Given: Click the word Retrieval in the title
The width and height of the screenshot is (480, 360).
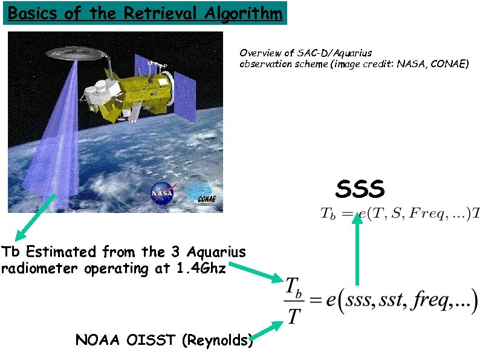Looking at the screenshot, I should [x=154, y=13].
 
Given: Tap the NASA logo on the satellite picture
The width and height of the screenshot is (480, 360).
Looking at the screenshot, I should [x=162, y=193].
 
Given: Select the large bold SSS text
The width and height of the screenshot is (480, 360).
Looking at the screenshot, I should [x=360, y=189].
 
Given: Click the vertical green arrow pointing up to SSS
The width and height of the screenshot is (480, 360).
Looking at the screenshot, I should [x=357, y=248].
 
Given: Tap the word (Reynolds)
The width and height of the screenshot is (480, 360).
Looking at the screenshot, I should [x=217, y=341].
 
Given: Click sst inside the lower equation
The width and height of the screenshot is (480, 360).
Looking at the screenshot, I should [x=389, y=301].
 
